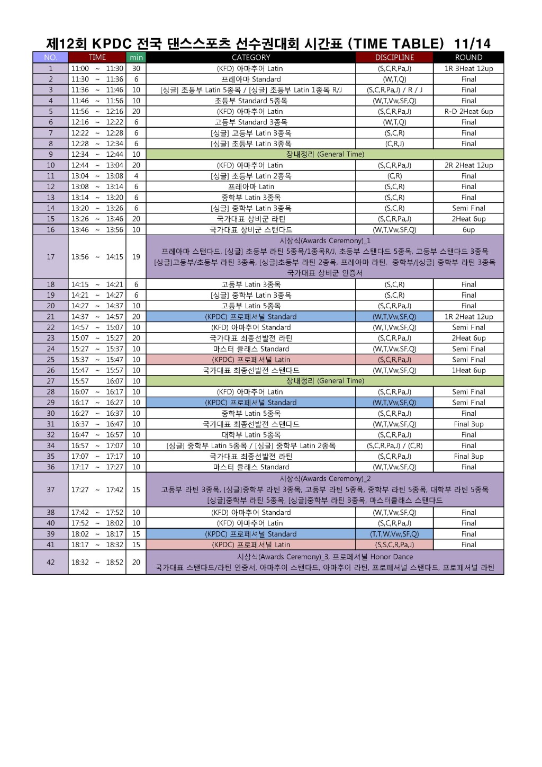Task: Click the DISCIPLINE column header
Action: click(394, 57)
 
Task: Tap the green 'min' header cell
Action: click(136, 57)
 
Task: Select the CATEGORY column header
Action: click(251, 57)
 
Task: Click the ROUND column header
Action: click(468, 57)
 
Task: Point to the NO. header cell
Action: click(50, 57)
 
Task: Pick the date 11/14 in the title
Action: click(472, 43)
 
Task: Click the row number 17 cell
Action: click(50, 257)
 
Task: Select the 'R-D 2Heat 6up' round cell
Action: click(468, 111)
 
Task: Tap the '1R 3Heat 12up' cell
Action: click(468, 68)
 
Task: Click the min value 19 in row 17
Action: click(136, 257)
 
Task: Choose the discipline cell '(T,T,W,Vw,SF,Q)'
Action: click(394, 534)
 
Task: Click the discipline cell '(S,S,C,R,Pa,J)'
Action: click(394, 545)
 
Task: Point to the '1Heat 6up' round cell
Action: click(468, 370)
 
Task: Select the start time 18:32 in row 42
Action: click(80, 562)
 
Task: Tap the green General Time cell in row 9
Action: click(325, 154)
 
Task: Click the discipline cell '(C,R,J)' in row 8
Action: click(394, 144)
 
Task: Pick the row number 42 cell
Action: click(50, 562)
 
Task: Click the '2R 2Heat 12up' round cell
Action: click(468, 165)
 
